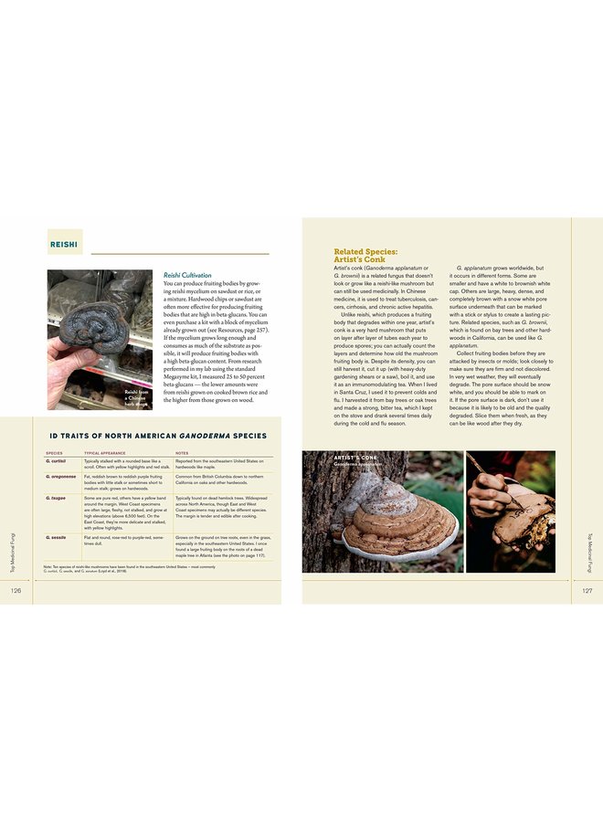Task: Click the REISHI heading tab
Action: [64, 245]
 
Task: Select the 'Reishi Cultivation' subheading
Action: [187, 275]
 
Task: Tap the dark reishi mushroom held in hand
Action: [96, 326]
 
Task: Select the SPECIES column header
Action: [54, 453]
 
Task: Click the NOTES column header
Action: [182, 453]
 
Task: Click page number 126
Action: [16, 591]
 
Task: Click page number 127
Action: [587, 591]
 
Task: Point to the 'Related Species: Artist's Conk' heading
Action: [365, 256]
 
